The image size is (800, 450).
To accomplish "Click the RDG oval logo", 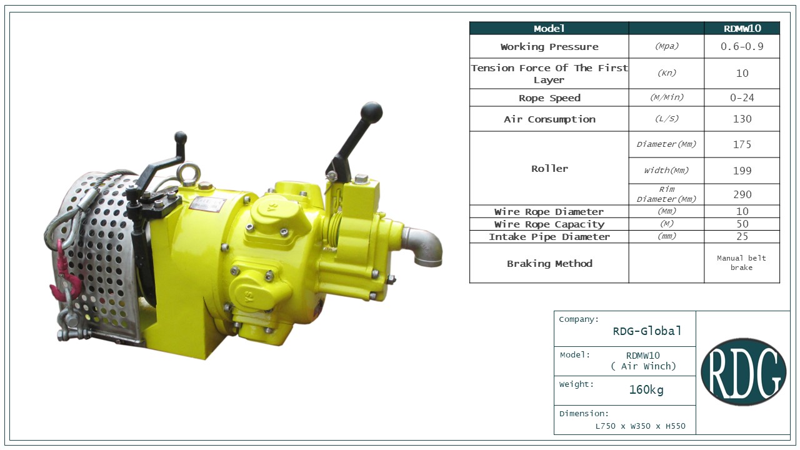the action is [744, 371].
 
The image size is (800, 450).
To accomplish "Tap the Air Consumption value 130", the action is [742, 119].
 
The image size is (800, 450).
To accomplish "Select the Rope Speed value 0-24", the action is [742, 98].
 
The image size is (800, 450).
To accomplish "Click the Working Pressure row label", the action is [549, 47].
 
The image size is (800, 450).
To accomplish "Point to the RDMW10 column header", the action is [742, 29].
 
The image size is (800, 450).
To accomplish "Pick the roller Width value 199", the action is [742, 171].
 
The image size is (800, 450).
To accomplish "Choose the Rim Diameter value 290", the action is [742, 194].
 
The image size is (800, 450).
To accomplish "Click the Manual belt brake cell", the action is [741, 263].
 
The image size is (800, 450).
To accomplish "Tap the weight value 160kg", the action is [646, 389].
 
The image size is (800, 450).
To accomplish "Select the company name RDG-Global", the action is [647, 331].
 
